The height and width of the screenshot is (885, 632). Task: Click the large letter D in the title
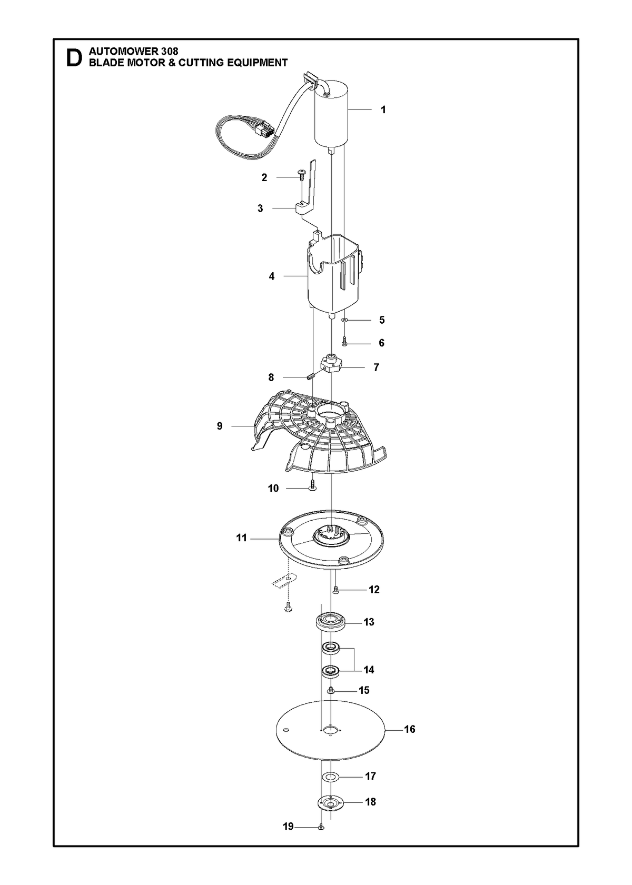(74, 58)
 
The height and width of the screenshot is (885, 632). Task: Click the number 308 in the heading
(170, 52)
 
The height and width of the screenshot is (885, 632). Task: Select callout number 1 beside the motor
(383, 110)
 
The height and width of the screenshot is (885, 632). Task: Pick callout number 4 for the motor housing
(272, 276)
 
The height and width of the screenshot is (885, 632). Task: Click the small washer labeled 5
(344, 320)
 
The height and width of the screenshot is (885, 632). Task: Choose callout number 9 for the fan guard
(220, 426)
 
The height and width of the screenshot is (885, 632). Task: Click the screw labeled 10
(313, 485)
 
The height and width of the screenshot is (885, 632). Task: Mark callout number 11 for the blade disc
(241, 538)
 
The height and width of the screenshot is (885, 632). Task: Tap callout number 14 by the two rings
(369, 670)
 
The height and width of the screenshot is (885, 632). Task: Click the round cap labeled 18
(331, 802)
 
